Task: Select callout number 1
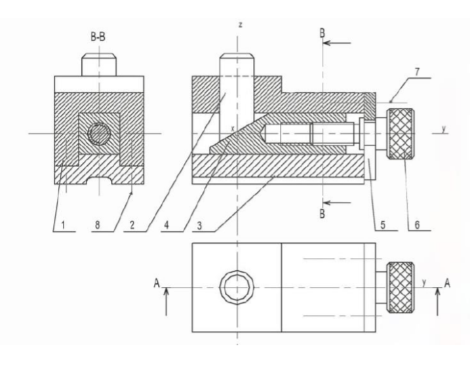pos(64,225)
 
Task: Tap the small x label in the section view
pos(233,123)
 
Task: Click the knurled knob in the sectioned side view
pos(400,134)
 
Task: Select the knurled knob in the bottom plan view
pos(400,286)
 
